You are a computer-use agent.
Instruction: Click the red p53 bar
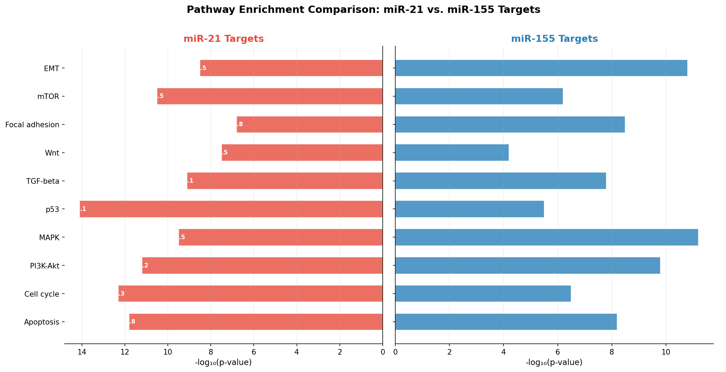(x=231, y=209)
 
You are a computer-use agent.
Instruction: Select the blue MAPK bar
(x=546, y=237)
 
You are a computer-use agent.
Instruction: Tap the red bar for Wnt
(x=302, y=152)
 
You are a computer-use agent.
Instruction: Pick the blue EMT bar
(x=541, y=68)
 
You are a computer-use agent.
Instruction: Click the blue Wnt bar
(x=452, y=152)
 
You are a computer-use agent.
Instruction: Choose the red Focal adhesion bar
(x=309, y=124)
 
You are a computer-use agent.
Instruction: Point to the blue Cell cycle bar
(x=483, y=294)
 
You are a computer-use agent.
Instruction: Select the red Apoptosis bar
(x=256, y=321)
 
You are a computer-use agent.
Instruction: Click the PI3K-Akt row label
(x=45, y=266)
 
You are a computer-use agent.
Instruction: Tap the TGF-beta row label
(x=43, y=181)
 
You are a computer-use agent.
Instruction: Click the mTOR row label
(x=48, y=97)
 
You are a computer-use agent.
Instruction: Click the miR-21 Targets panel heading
(x=224, y=39)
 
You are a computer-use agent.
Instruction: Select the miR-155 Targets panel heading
(x=554, y=39)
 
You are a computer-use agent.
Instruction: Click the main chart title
(x=363, y=9)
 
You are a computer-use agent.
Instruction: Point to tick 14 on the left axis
(x=82, y=352)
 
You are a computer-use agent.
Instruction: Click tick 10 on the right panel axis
(x=666, y=352)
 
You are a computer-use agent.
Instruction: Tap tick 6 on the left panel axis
(x=254, y=352)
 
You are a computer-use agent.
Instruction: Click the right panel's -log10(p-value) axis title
(x=554, y=363)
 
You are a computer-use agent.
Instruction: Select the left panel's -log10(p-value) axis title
(x=223, y=363)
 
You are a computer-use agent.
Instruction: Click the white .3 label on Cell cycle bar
(x=121, y=294)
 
